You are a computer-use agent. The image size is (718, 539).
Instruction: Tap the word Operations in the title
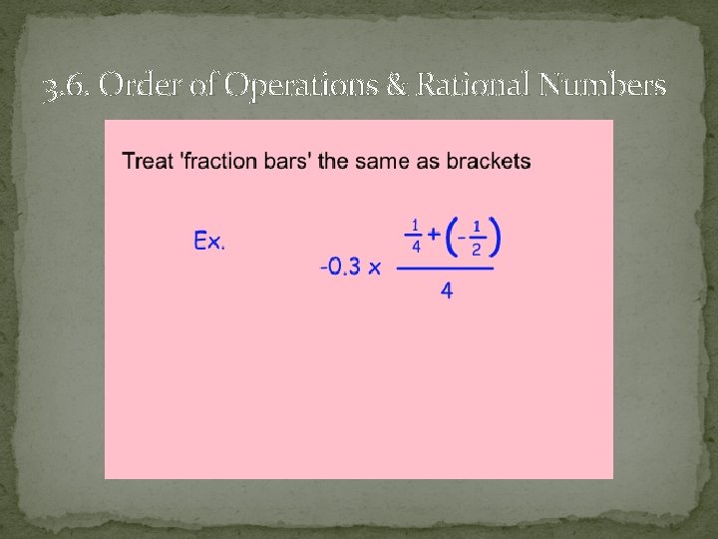[298, 88]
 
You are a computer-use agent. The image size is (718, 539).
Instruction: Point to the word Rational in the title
[466, 88]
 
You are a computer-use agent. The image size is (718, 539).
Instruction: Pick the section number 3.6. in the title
[69, 90]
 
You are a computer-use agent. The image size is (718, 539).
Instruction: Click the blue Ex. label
[209, 242]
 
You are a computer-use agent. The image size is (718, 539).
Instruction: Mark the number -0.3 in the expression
[340, 268]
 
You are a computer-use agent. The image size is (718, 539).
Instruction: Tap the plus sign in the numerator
[436, 237]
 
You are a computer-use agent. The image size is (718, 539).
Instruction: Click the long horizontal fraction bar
[445, 268]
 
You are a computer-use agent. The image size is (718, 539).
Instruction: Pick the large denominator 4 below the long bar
[446, 291]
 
